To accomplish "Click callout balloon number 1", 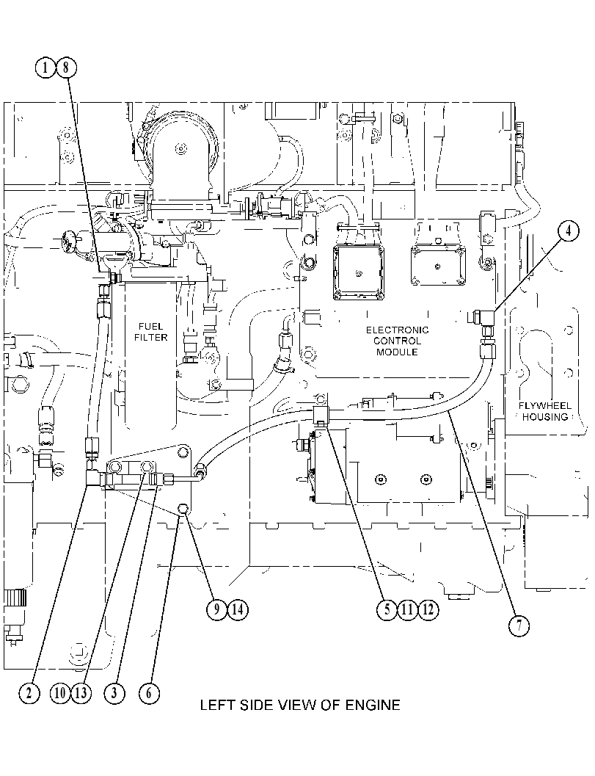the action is click(x=45, y=67).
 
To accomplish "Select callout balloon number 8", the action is click(x=66, y=67).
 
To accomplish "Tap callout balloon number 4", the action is click(x=569, y=231).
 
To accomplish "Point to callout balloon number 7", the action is click(x=519, y=625).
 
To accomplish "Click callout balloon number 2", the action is click(x=29, y=692).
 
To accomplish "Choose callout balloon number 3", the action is click(x=114, y=692).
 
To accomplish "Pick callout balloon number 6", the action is click(x=149, y=692).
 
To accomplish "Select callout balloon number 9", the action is click(x=216, y=609).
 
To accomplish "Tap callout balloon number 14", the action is click(x=238, y=609).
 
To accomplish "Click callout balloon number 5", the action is click(x=387, y=609).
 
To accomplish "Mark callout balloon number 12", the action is click(x=428, y=609).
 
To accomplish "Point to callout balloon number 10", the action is click(x=60, y=692).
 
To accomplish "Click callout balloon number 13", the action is click(x=81, y=692).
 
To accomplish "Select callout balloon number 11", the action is click(x=407, y=609).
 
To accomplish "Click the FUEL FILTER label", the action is click(x=151, y=332).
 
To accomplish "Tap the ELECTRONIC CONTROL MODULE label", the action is click(x=397, y=341).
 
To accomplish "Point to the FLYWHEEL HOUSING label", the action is click(x=545, y=411).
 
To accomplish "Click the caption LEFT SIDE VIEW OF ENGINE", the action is click(x=300, y=705).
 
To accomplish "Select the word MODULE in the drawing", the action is click(x=397, y=352).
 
